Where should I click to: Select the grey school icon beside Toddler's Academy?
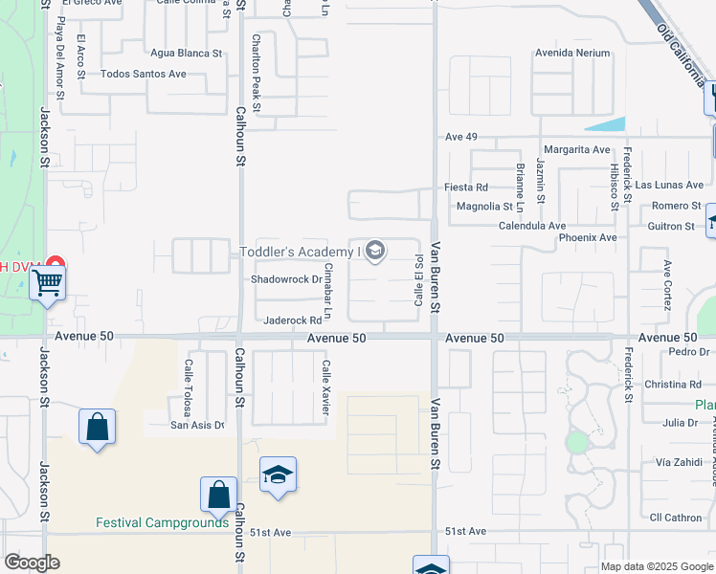pyautogui.click(x=375, y=252)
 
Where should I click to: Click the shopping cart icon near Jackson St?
pyautogui.click(x=47, y=283)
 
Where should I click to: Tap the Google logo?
pyautogui.click(x=32, y=563)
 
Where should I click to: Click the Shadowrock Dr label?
pyautogui.click(x=284, y=280)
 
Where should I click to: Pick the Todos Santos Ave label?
pyautogui.click(x=144, y=74)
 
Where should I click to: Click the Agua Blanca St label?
pyautogui.click(x=186, y=54)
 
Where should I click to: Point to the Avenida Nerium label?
pyautogui.click(x=572, y=53)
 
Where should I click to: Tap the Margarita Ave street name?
pyautogui.click(x=576, y=149)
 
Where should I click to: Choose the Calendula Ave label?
pyautogui.click(x=532, y=226)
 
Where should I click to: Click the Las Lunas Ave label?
pyautogui.click(x=669, y=185)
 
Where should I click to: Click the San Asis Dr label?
pyautogui.click(x=197, y=425)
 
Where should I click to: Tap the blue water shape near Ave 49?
pyautogui.click(x=605, y=124)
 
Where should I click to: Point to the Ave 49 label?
pyautogui.click(x=461, y=137)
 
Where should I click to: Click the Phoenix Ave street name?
pyautogui.click(x=588, y=237)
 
